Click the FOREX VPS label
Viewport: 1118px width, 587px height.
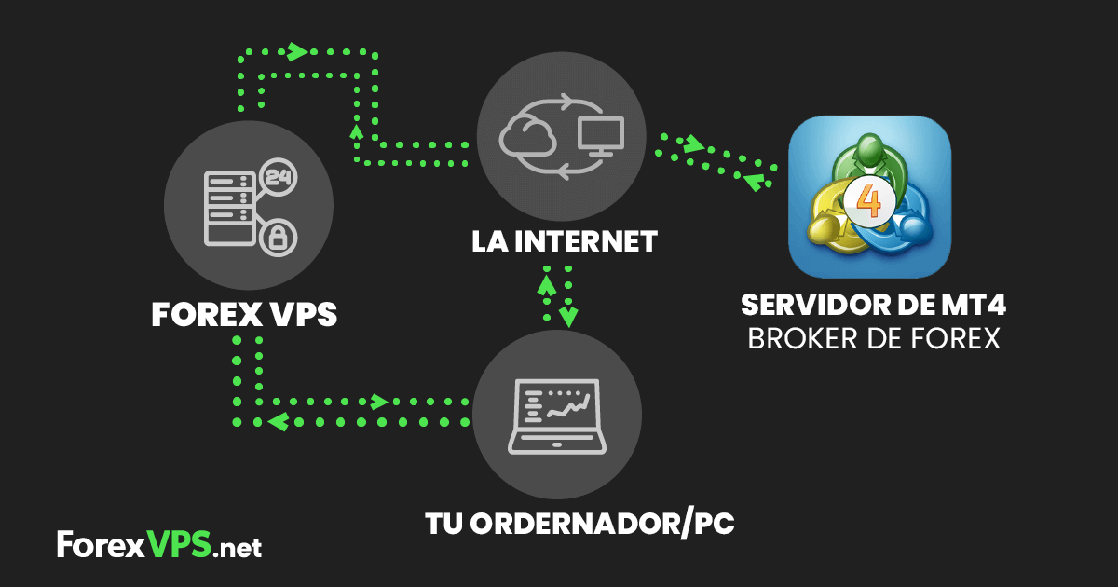[x=244, y=315]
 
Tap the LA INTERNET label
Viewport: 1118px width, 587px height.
[x=565, y=242]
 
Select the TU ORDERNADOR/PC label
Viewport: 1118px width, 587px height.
[x=579, y=524]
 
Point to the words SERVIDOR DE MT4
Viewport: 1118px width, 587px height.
[x=874, y=306]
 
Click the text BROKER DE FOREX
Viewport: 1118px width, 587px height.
[x=874, y=338]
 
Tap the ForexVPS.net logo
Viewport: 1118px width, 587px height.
[x=159, y=545]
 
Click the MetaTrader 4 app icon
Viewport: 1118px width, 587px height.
[x=869, y=197]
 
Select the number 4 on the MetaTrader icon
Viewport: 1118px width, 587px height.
[x=869, y=200]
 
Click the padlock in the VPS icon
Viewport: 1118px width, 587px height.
[x=276, y=239]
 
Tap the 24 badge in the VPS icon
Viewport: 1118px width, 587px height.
[x=277, y=176]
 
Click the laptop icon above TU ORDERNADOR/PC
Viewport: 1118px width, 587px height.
[x=558, y=416]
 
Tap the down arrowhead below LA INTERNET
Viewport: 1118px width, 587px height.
[x=568, y=317]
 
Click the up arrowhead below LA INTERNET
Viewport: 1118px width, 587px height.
[x=547, y=277]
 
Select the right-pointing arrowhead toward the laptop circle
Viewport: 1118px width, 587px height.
[x=379, y=402]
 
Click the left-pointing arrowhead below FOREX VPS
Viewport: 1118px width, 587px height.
[x=276, y=422]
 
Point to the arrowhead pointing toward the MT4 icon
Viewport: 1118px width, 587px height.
[x=694, y=144]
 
